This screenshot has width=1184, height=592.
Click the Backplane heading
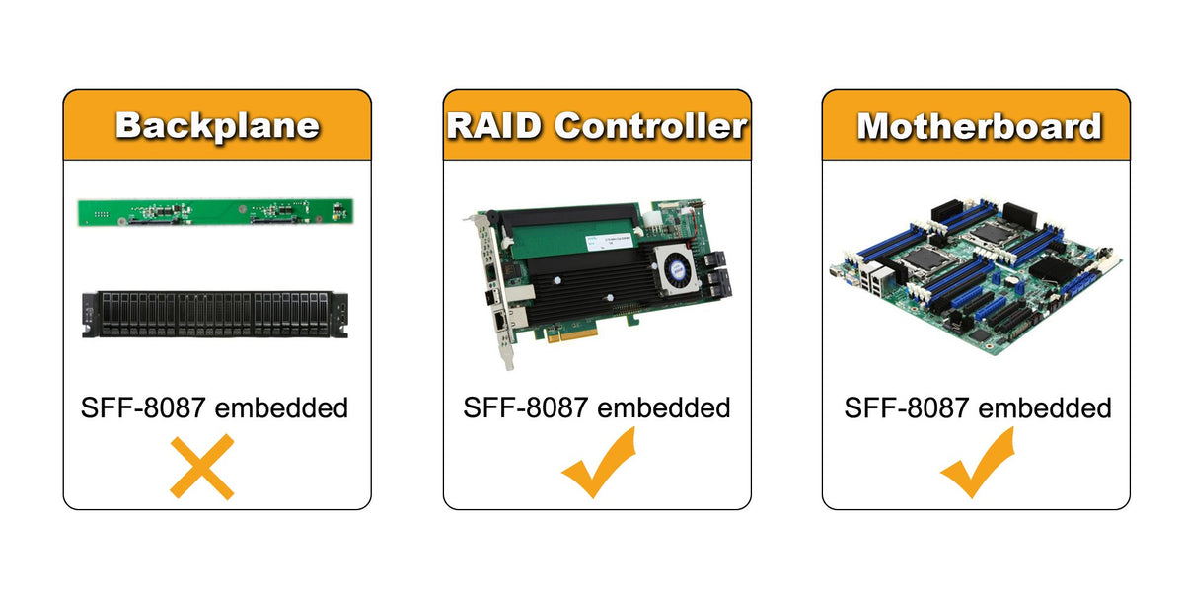217,126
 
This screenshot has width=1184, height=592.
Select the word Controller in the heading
650,126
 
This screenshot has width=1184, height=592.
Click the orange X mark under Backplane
202,467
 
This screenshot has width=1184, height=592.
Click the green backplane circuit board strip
216,210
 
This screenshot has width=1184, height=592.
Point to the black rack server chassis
216,314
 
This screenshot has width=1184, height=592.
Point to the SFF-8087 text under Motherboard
903,407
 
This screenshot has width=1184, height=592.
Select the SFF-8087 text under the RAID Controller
524,407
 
